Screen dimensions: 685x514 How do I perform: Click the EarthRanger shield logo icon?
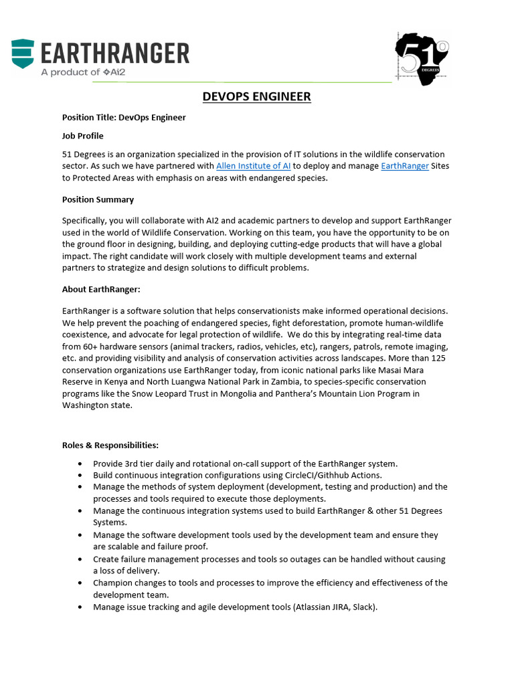tap(23, 54)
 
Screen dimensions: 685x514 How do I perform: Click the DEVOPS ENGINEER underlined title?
tap(256, 97)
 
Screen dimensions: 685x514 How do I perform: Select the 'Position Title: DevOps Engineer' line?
tap(124, 118)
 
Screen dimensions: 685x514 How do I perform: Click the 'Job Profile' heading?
tap(83, 136)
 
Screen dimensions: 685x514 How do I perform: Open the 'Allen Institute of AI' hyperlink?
tap(253, 166)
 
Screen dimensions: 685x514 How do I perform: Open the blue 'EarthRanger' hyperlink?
tap(405, 166)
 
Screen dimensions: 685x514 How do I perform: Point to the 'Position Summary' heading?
tap(98, 200)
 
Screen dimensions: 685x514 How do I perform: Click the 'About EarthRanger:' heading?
tap(102, 290)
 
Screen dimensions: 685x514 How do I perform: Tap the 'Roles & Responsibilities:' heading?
tap(110, 445)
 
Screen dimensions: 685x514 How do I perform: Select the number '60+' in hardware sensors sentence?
tap(94, 347)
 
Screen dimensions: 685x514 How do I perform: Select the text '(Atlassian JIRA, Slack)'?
tap(331, 607)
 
